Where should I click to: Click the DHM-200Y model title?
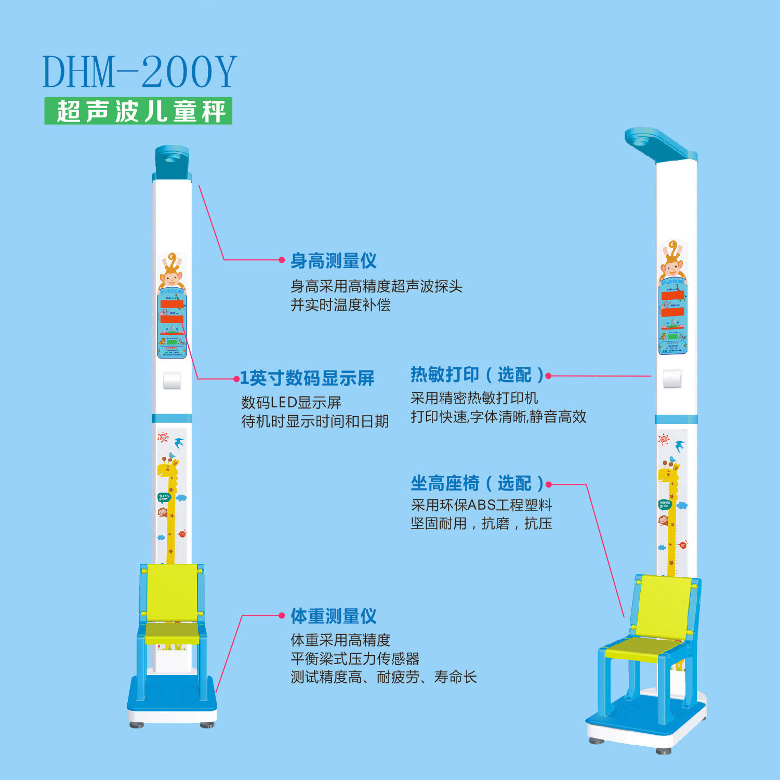139,72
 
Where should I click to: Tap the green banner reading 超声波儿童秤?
138,111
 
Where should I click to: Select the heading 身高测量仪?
334,260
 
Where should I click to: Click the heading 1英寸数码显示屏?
307,378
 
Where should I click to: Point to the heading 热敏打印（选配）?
477,375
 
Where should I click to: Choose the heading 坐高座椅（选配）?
477,484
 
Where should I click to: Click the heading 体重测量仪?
334,616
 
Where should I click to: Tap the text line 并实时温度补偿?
340,305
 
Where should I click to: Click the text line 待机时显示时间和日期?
315,421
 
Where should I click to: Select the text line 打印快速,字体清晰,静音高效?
498,417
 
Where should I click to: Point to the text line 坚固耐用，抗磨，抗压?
481,523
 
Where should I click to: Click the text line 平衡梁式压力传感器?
355,659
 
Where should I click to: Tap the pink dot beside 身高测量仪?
282,260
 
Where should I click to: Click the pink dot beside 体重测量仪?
282,616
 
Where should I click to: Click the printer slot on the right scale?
672,378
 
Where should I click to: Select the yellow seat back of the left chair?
172,592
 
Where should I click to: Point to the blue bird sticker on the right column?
679,446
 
